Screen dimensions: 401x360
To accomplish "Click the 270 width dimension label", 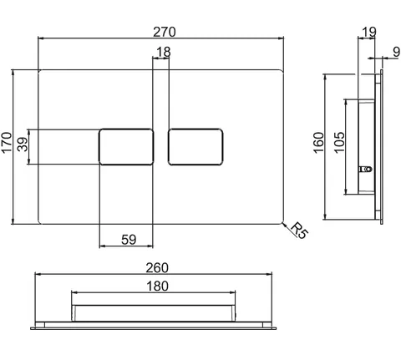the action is pos(165,32).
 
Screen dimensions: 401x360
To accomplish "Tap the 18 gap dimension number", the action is pos(164,52).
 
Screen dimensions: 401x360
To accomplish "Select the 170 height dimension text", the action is pos(7,142).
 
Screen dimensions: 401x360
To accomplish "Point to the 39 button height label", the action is pos(23,145).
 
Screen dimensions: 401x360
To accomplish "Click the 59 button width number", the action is pos(129,240).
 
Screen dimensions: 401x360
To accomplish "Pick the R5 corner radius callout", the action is pos(299,231).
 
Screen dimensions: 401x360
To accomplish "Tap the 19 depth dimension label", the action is pos(368,32).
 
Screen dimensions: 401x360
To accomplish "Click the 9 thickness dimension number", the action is pos(396,52).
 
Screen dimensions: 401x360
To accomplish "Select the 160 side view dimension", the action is pos(318,143).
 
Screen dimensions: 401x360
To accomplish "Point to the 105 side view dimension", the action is pos(339,143).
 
